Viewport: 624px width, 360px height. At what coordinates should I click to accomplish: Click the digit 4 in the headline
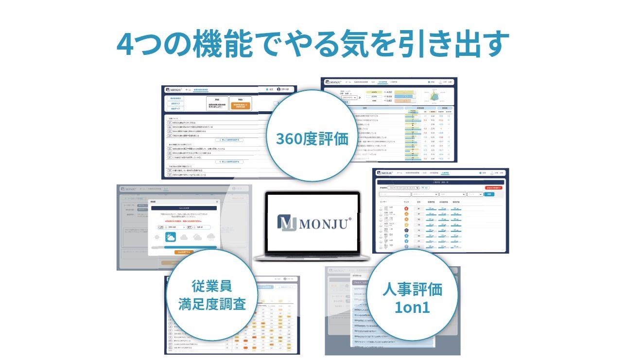(127, 44)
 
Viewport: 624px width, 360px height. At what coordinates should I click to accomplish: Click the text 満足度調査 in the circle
(211, 305)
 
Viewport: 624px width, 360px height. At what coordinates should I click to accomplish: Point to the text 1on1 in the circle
(412, 307)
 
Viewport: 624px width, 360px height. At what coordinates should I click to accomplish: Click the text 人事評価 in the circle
(412, 289)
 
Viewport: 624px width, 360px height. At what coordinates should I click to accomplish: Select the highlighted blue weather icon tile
(171, 237)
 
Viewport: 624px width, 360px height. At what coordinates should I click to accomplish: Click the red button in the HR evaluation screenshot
(494, 187)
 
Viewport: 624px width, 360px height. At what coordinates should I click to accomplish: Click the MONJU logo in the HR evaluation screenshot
(385, 173)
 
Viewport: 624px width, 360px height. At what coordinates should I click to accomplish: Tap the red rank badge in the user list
(406, 208)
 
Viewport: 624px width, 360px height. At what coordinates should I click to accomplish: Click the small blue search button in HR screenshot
(489, 194)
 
